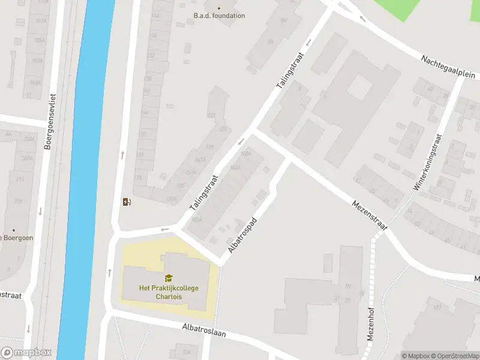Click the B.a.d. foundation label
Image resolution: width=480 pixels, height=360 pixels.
[219, 16]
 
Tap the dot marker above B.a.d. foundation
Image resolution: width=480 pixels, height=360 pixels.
[219, 8]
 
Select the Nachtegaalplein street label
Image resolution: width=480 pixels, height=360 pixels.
[448, 67]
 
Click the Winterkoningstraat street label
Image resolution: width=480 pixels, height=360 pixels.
[427, 160]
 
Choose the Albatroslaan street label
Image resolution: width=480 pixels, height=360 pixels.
[204, 330]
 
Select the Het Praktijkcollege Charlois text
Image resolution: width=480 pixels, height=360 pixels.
[169, 292]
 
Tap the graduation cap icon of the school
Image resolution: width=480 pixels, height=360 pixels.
[169, 278]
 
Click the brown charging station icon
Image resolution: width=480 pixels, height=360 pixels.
[126, 202]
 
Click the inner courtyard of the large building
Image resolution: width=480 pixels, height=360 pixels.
[359, 89]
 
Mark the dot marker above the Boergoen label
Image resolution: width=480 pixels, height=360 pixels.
[14, 229]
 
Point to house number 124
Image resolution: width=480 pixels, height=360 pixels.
[186, 352]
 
